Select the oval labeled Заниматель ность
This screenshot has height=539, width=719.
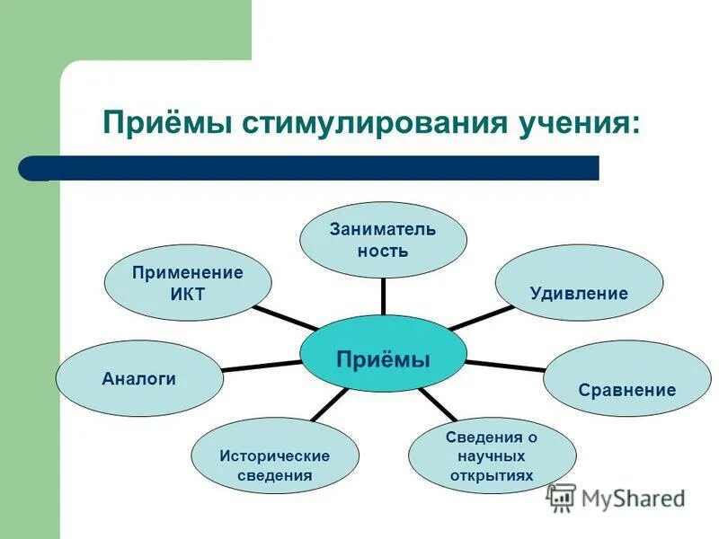click(383, 239)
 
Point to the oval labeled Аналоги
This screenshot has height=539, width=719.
click(139, 378)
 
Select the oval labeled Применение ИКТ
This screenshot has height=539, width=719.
click(188, 283)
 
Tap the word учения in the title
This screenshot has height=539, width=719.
click(581, 122)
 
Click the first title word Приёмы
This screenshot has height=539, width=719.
click(167, 122)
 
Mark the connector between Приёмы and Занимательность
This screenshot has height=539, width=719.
click(383, 296)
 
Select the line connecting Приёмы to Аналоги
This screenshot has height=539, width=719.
click(261, 365)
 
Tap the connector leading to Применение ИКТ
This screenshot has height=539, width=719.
click(286, 318)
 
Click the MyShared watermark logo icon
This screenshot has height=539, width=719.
click(561, 498)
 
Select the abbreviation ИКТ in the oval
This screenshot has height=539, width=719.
click(188, 293)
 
